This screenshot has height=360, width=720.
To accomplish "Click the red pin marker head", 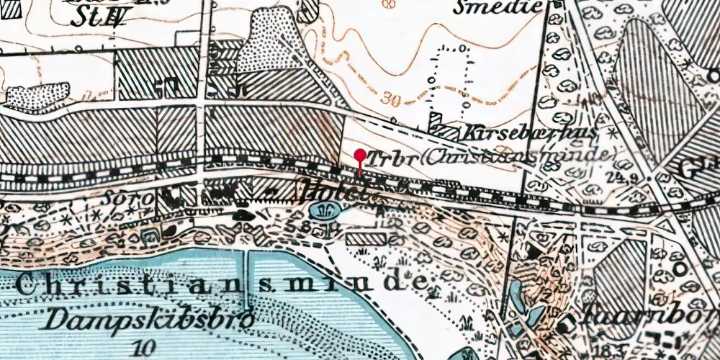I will coord(360,154).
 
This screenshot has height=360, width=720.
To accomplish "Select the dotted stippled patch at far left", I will coord(37,96).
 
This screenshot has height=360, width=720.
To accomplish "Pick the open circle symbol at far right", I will coord(681,273).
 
